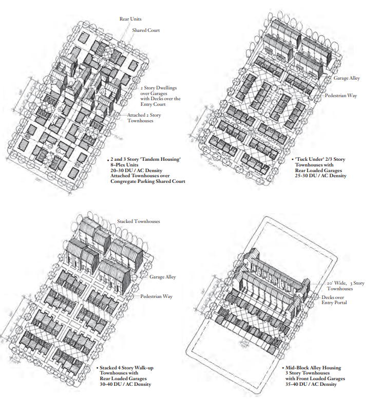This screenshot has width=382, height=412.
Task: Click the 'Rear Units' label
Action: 130,19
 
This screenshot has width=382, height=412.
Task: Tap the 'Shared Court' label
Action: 146,30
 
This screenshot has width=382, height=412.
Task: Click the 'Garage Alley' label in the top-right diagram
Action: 347,78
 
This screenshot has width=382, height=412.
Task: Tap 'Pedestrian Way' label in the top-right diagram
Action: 341,96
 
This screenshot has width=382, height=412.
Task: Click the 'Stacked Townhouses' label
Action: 139,221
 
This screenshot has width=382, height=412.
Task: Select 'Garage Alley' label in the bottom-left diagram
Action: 163,277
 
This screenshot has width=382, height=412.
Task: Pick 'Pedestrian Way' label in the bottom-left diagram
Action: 157,297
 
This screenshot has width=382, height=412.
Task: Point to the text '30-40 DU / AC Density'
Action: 125,385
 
